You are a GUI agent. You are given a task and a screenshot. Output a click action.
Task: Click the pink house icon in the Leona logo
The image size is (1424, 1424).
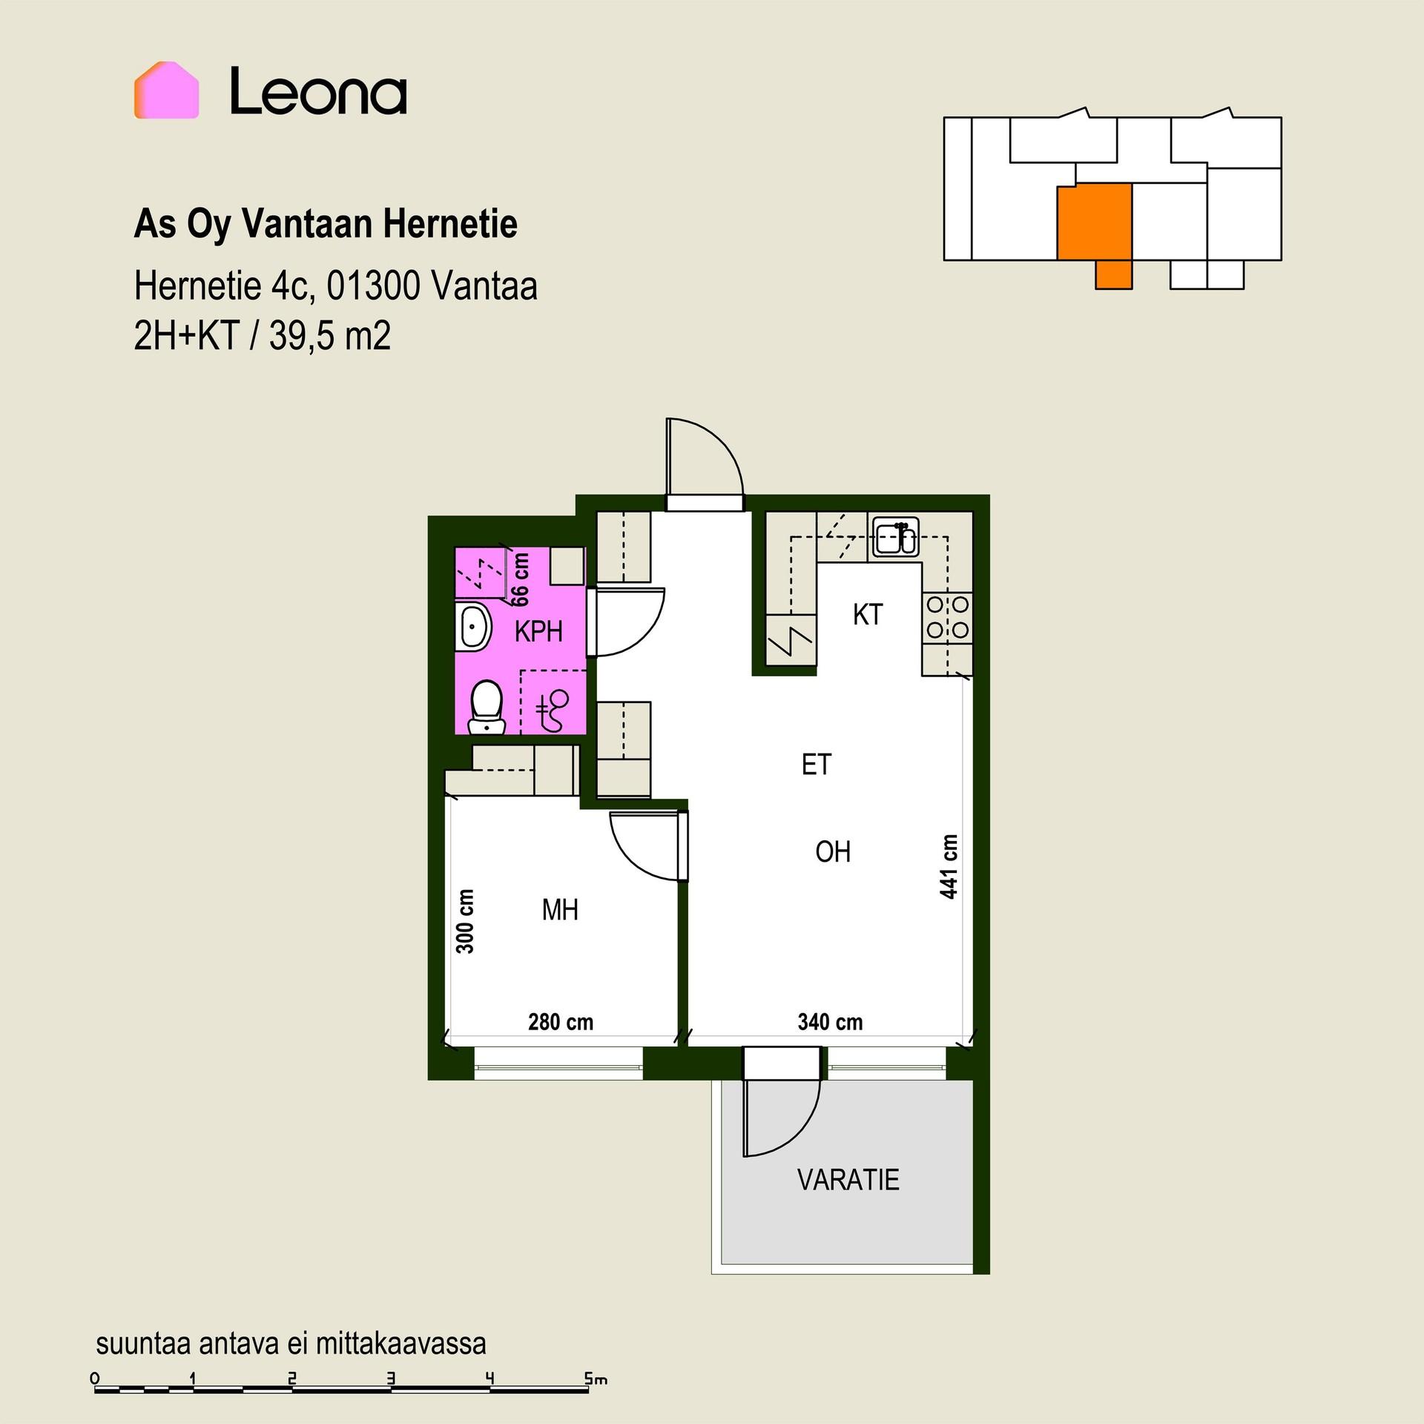pyautogui.click(x=166, y=90)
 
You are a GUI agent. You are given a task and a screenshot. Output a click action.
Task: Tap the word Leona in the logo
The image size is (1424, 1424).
pyautogui.click(x=318, y=91)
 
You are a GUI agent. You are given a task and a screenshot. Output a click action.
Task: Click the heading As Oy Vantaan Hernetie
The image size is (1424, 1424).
pyautogui.click(x=326, y=224)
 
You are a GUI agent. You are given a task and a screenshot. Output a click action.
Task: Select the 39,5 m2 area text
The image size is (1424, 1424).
pyautogui.click(x=330, y=336)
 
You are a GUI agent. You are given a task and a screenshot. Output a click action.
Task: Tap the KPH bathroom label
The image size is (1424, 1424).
pyautogui.click(x=538, y=632)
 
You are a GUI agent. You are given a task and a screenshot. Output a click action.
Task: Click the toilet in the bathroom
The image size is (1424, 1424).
pyautogui.click(x=487, y=707)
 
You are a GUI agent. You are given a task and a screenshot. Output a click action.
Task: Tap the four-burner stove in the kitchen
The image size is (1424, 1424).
pyautogui.click(x=947, y=618)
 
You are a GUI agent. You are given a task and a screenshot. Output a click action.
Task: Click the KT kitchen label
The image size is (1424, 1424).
pyautogui.click(x=868, y=615)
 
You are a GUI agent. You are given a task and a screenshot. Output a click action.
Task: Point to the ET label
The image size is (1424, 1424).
pyautogui.click(x=817, y=765)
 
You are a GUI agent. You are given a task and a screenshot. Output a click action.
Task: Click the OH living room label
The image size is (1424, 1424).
pyautogui.click(x=833, y=852)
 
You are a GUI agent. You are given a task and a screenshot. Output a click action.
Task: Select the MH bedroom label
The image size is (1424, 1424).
pyautogui.click(x=560, y=910)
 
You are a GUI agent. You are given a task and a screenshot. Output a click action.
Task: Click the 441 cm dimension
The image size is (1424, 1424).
pyautogui.click(x=949, y=866)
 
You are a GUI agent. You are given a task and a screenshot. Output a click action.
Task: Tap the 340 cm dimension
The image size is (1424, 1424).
pyautogui.click(x=830, y=1022)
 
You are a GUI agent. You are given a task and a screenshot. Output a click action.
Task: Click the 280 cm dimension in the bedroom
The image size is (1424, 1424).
pyautogui.click(x=561, y=1022)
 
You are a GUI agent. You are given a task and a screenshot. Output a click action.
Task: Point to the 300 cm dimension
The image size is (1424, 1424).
pyautogui.click(x=465, y=921)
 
